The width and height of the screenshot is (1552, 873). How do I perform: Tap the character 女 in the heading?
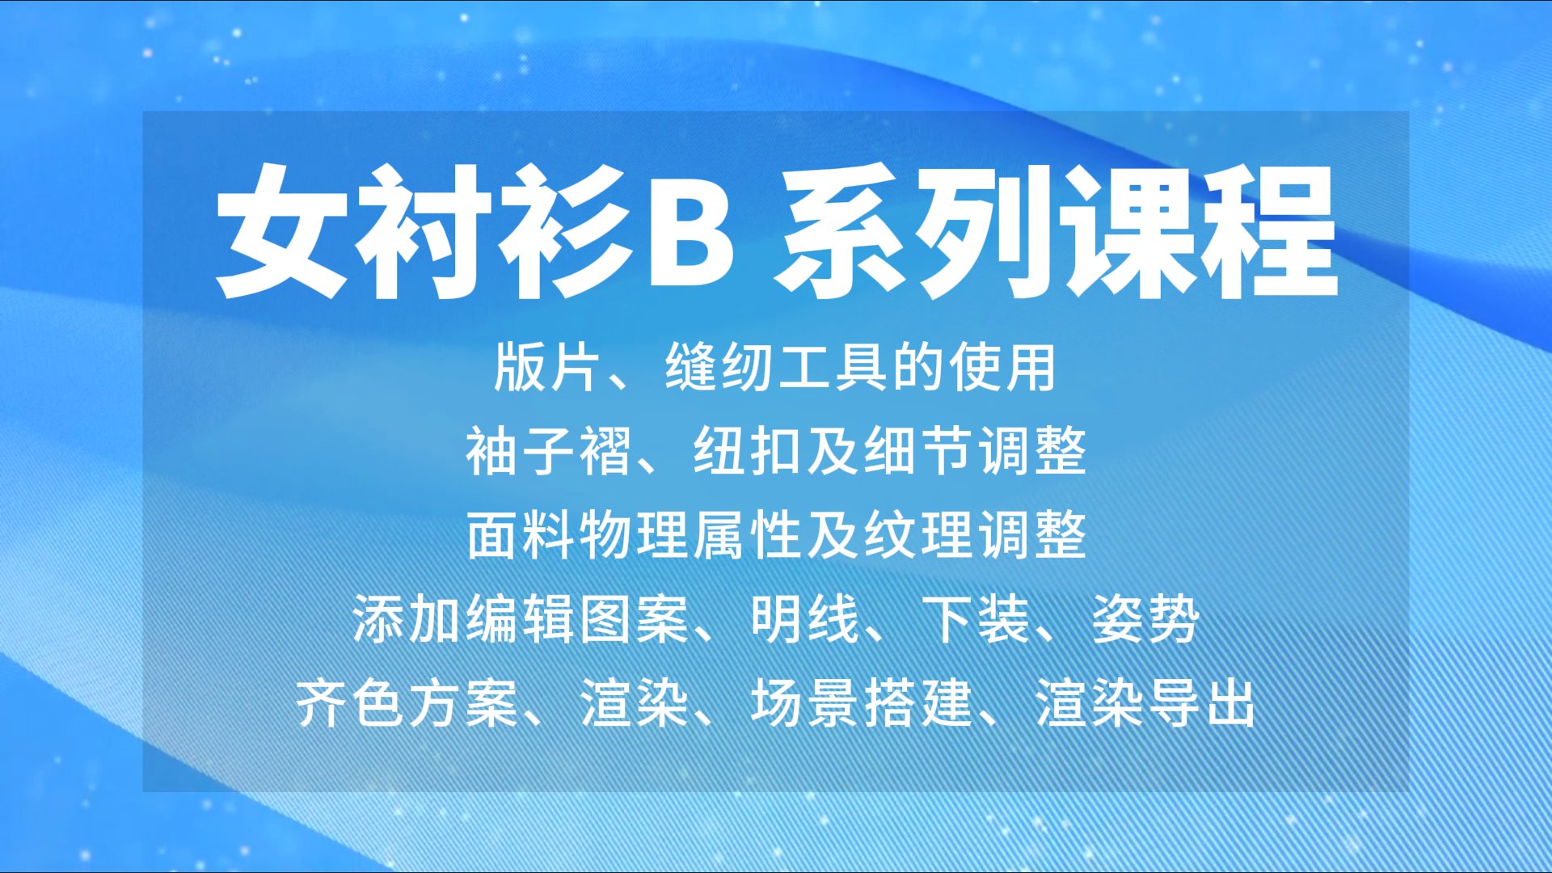pos(283,231)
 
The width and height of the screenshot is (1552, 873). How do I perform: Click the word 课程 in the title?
pos(1201,231)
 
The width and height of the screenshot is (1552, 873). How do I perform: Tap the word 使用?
pos(1002,368)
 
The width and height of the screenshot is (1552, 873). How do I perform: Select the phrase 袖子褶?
pos(550,451)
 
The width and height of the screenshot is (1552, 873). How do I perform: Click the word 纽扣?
pos(747,451)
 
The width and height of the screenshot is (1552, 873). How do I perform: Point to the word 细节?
pos(918,451)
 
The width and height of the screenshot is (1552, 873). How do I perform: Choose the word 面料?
pos(521,535)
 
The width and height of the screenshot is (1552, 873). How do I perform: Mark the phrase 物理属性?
pos(691,535)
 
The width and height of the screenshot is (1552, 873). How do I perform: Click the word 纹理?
pos(918,535)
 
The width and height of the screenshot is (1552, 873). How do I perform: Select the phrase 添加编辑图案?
pos(521,619)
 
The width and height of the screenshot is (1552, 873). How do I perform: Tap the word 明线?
pos(805,619)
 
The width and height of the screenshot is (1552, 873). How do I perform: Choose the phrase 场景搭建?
pos(862,703)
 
